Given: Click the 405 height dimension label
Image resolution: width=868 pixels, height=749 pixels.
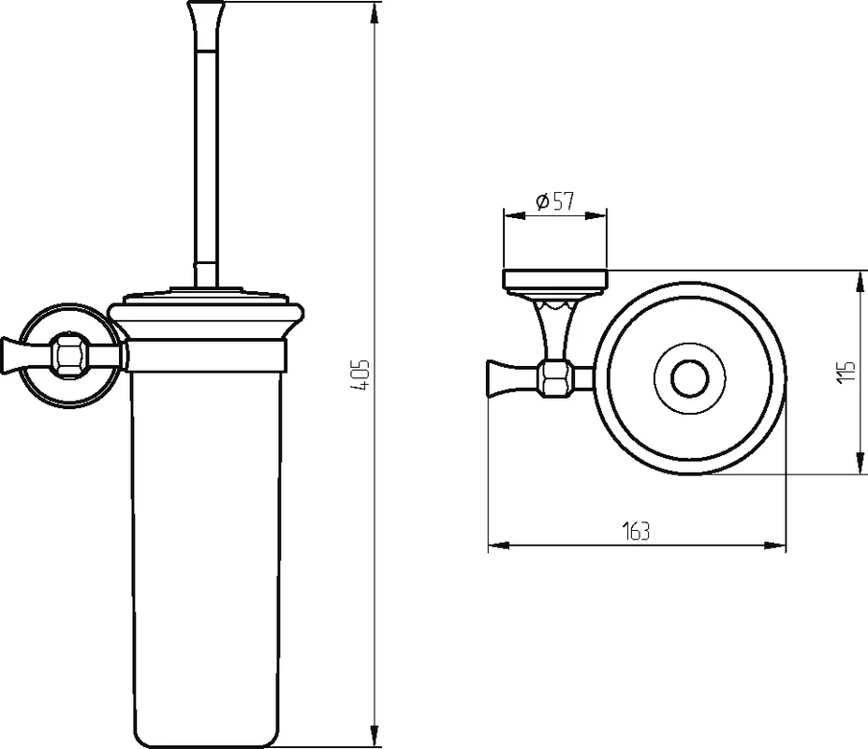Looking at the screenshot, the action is [360, 374].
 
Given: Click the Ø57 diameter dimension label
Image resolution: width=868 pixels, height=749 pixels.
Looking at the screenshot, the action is [554, 201].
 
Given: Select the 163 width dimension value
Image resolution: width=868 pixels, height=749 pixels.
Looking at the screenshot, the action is [637, 531].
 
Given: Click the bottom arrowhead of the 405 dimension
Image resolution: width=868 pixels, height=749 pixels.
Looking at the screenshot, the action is [375, 736].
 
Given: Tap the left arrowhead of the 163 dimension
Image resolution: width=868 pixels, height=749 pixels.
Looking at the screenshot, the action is [498, 546].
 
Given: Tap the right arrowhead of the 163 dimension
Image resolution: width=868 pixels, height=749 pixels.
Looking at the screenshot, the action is [775, 546].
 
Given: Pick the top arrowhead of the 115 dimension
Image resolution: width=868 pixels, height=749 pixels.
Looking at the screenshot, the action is [860, 281].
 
